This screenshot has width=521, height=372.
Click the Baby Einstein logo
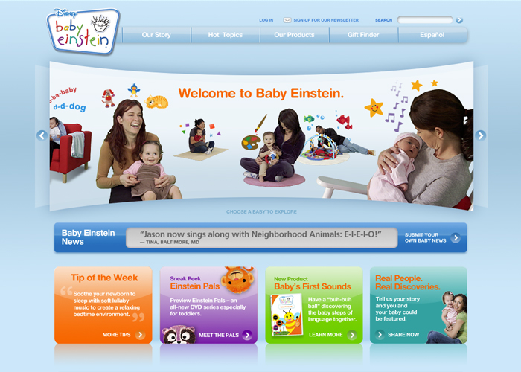click(x=83, y=31)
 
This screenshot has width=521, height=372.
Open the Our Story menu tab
click(x=156, y=35)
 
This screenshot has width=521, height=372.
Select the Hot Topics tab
click(x=226, y=35)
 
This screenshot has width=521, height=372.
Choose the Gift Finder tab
click(x=363, y=35)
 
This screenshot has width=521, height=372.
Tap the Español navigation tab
click(x=432, y=35)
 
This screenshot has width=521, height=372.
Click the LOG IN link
click(x=266, y=20)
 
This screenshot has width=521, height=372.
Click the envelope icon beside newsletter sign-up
click(x=287, y=20)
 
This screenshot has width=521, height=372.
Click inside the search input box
click(x=425, y=20)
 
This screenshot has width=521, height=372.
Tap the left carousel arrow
click(x=42, y=135)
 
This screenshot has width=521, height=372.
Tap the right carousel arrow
click(x=481, y=135)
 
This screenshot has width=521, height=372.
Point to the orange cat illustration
click(x=156, y=102)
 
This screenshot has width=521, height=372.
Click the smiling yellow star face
click(x=374, y=107)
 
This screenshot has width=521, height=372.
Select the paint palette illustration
click(x=251, y=142)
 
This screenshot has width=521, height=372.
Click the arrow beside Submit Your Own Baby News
click(x=456, y=238)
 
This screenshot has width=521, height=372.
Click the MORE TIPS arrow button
click(x=140, y=335)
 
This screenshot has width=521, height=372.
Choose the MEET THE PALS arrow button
click(x=247, y=335)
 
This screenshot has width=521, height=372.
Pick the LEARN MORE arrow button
click(x=352, y=335)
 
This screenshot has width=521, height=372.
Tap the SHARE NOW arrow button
click(x=380, y=335)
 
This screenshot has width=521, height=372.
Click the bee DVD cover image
click(x=287, y=315)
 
